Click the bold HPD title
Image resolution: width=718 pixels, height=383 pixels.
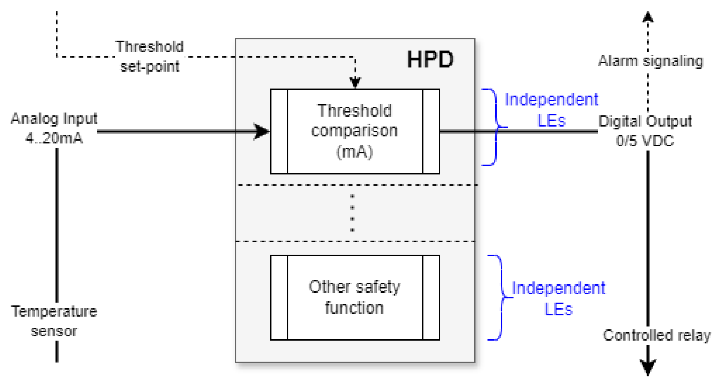click(430, 60)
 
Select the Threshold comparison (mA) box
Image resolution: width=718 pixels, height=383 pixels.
click(355, 131)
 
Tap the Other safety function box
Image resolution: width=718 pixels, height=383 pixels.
click(355, 297)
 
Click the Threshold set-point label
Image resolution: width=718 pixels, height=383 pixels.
click(150, 57)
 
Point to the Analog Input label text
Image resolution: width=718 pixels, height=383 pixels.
click(54, 118)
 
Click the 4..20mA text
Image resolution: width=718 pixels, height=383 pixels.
click(54, 138)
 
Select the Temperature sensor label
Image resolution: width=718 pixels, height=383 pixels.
click(54, 321)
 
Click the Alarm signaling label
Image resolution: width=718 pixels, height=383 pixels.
click(650, 61)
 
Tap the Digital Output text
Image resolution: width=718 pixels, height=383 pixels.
click(645, 121)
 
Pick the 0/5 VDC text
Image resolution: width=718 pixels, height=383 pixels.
click(645, 141)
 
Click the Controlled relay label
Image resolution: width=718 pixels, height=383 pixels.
click(656, 335)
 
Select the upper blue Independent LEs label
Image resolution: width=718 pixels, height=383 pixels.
click(551, 110)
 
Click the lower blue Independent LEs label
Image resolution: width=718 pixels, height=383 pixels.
click(558, 299)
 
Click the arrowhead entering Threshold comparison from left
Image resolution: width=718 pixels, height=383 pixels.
click(262, 131)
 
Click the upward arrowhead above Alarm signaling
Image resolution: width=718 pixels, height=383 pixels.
click(648, 17)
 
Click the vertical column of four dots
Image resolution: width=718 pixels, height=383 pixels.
click(352, 213)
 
